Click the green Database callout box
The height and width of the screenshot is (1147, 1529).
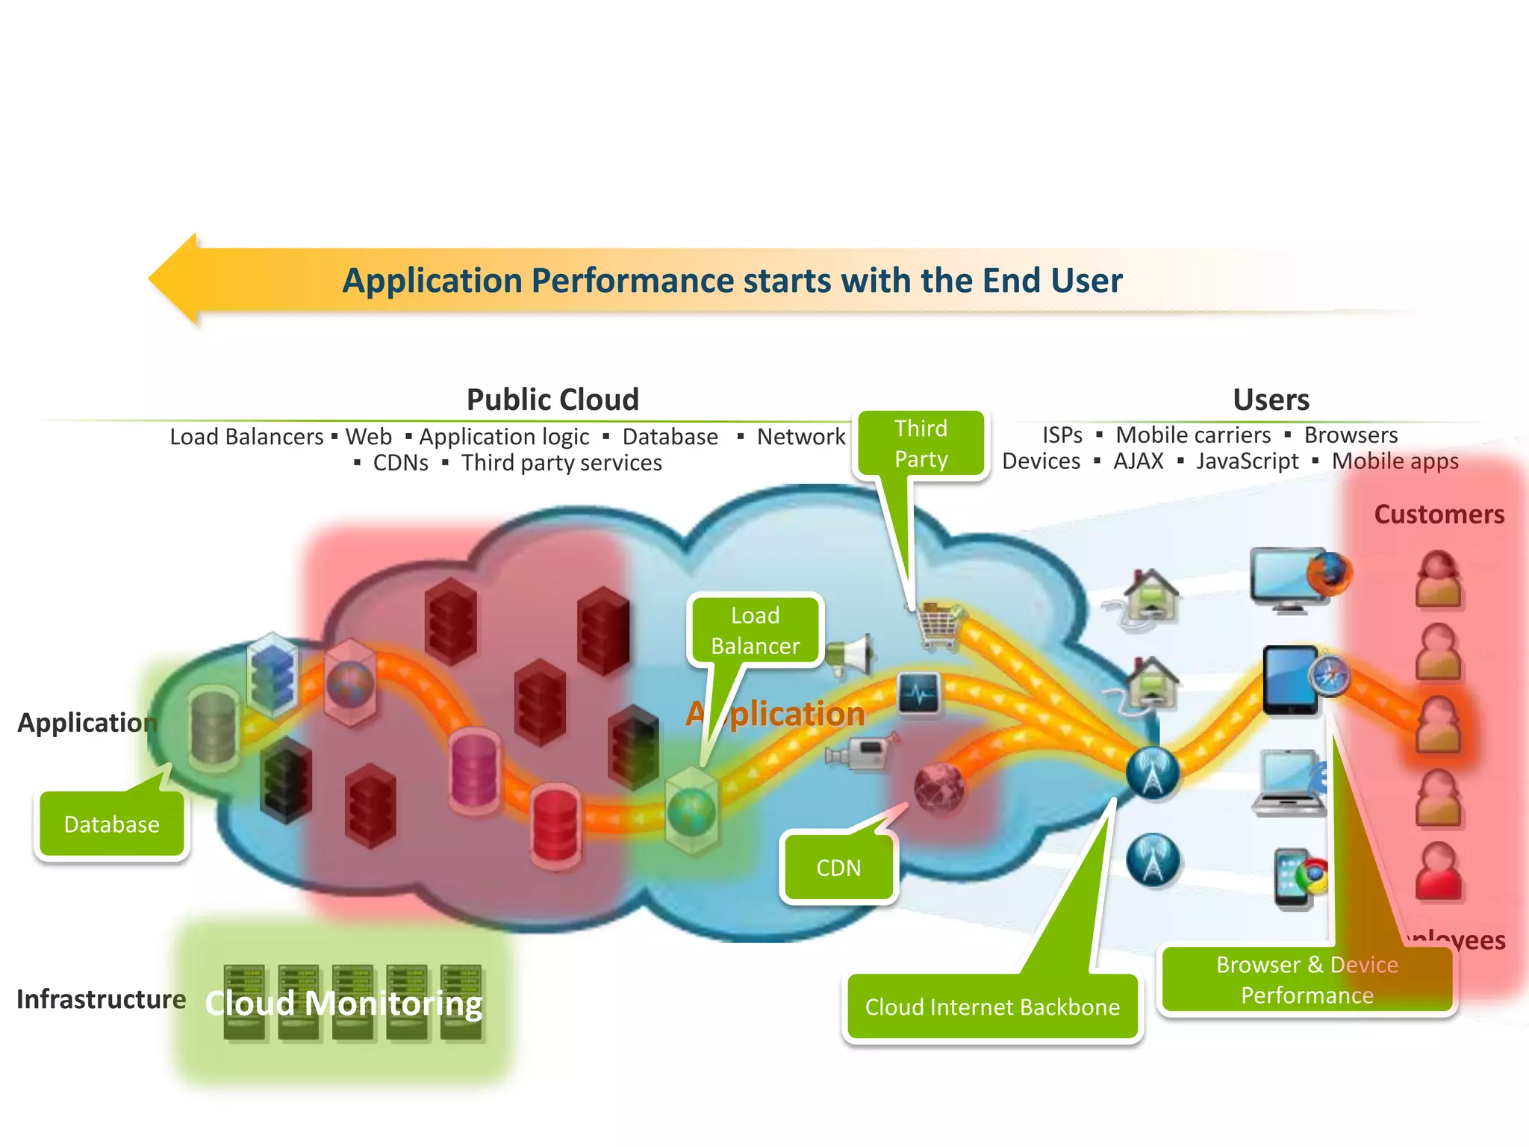pos(112,824)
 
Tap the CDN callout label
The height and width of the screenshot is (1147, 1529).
pos(838,868)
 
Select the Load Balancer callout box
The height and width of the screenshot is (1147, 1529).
pos(755,630)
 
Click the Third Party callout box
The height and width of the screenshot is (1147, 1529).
pos(921,444)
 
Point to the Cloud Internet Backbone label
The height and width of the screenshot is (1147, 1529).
pos(992,1007)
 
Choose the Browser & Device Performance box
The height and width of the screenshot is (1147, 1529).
pos(1307,980)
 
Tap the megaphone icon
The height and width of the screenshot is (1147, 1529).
pos(851,655)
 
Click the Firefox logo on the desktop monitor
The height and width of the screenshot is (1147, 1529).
pos(1329,573)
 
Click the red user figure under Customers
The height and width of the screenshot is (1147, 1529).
pos(1438,871)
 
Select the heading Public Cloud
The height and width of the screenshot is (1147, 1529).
pos(552,400)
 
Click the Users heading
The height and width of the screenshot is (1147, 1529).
pos(1271,400)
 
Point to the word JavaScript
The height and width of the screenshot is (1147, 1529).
pos(1247,461)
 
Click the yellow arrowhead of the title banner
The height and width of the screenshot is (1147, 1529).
pos(175,279)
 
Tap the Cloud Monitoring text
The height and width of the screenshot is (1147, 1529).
pos(343,1003)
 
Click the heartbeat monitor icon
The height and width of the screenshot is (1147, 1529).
pos(919,694)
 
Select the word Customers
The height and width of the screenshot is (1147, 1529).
pos(1439,515)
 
